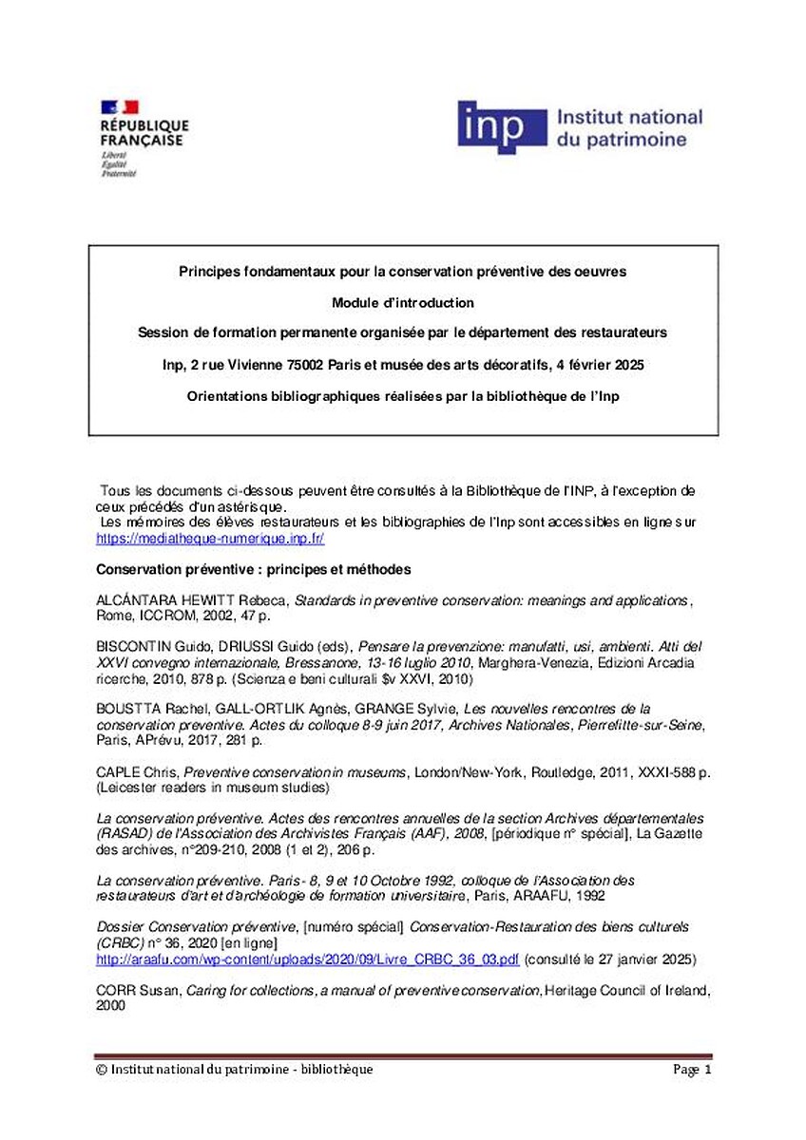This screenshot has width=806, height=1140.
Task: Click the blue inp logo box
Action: point(502,127)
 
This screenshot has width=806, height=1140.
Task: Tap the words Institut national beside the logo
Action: point(628,118)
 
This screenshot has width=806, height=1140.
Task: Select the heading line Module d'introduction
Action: point(403,303)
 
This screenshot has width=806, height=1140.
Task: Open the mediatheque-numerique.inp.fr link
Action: point(211,538)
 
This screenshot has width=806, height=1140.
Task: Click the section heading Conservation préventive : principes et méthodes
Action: point(254,570)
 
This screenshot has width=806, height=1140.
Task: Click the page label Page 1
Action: point(692,1070)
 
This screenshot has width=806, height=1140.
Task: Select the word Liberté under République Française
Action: point(114,154)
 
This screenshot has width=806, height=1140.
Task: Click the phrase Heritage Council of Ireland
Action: point(626,991)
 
